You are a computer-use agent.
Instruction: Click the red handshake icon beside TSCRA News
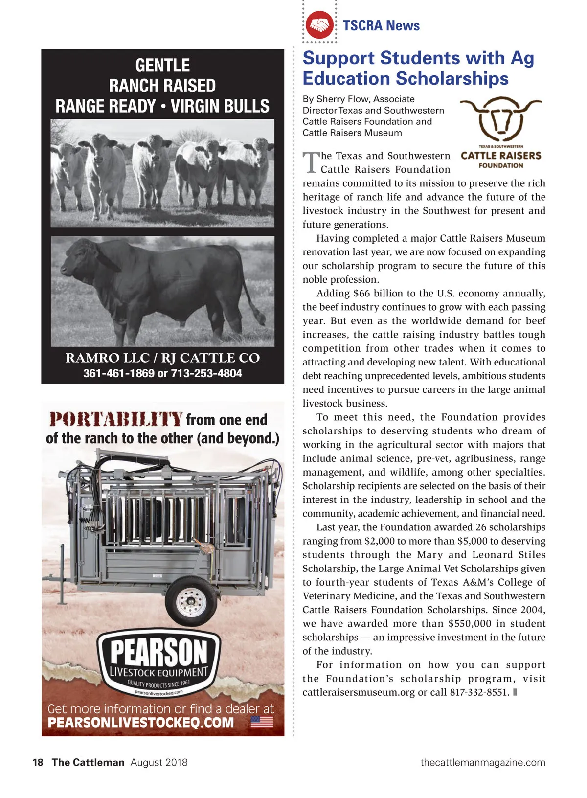point(319,25)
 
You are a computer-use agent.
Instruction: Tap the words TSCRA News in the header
point(381,25)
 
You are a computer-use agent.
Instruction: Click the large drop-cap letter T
point(311,163)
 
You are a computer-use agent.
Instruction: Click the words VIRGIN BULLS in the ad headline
point(220,106)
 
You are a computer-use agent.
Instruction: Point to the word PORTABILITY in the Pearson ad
point(116,420)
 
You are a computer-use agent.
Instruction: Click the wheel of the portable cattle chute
point(191,600)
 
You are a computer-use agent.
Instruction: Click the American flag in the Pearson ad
point(262,722)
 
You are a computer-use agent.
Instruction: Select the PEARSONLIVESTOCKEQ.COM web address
point(141,723)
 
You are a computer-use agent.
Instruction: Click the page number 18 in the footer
point(38,762)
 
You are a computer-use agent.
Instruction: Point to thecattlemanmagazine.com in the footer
point(482,762)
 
